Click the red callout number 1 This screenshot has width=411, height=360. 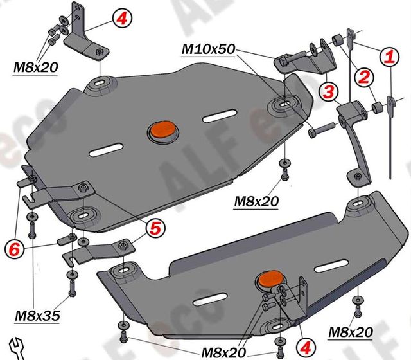389,57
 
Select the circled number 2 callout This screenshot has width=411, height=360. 363,78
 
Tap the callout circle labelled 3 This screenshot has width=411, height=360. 329,92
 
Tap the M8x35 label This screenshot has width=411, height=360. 38,317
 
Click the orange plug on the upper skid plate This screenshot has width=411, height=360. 162,130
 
